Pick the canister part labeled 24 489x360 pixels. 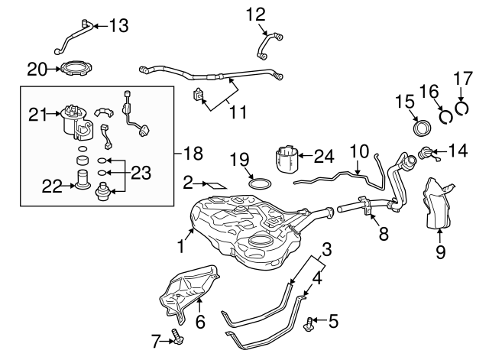[x=290, y=161]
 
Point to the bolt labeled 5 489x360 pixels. [x=310, y=323]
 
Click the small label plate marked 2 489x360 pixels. [x=215, y=183]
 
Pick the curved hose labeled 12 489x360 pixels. [x=268, y=47]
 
